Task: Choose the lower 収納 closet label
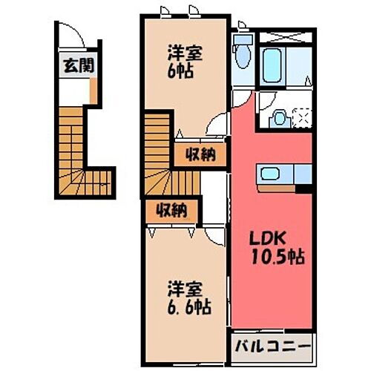[x=170, y=211]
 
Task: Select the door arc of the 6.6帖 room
[x=214, y=232]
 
